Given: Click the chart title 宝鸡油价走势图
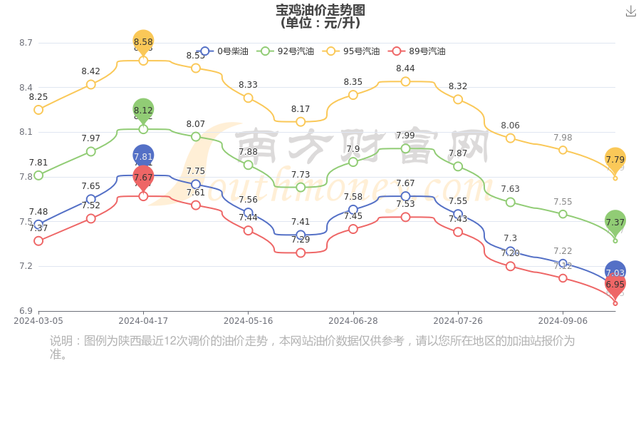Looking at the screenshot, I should coord(320,10).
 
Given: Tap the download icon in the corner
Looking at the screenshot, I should coord(631,11).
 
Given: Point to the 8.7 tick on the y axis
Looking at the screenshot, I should coord(26,43).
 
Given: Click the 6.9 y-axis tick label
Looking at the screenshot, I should coord(26,311).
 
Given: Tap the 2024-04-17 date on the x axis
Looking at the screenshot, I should coord(143,321).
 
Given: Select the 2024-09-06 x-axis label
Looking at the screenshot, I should coord(563,321).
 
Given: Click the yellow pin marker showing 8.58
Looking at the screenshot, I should coord(143,42).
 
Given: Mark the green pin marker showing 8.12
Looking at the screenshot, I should coord(143,110).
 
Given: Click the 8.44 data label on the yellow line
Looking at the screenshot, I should coord(405,68).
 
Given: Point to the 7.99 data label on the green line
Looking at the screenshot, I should coord(405,136).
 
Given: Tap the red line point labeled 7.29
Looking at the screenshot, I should coord(301,253).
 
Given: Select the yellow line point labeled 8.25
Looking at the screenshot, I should coord(38,110).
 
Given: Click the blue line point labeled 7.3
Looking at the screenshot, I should coord(510,251).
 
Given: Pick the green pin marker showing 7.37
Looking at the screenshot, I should coord(615,222).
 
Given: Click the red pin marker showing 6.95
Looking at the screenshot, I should coord(615,285).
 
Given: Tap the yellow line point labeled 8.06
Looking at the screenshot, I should coord(510,138).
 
